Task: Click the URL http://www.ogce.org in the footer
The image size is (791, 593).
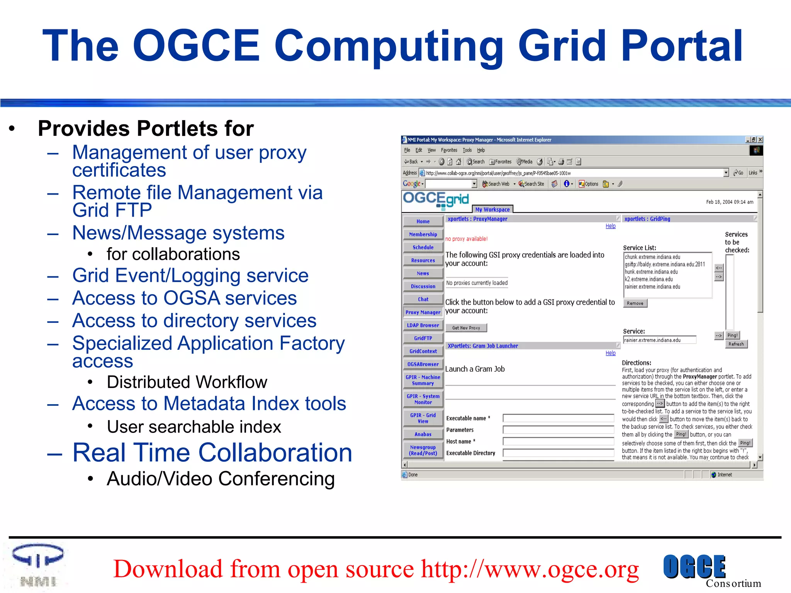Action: point(530,569)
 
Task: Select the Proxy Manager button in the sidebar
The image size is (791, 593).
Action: point(423,312)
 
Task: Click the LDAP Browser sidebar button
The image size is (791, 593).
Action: point(423,325)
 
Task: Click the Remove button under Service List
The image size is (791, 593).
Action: point(635,303)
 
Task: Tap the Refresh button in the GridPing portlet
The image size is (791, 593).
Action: point(736,344)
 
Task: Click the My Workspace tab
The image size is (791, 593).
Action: point(492,210)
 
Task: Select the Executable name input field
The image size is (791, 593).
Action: point(558,418)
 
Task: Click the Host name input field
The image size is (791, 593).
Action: point(558,441)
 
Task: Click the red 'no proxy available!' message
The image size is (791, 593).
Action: point(466,239)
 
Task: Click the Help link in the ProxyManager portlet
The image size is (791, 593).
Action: point(610,226)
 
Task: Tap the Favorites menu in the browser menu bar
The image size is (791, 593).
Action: point(449,150)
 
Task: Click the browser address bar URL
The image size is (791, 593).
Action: point(498,173)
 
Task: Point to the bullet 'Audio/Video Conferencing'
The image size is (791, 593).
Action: point(221,479)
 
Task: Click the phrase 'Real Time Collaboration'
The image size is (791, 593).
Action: point(212,452)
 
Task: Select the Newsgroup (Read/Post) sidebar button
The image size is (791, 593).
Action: point(423,450)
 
